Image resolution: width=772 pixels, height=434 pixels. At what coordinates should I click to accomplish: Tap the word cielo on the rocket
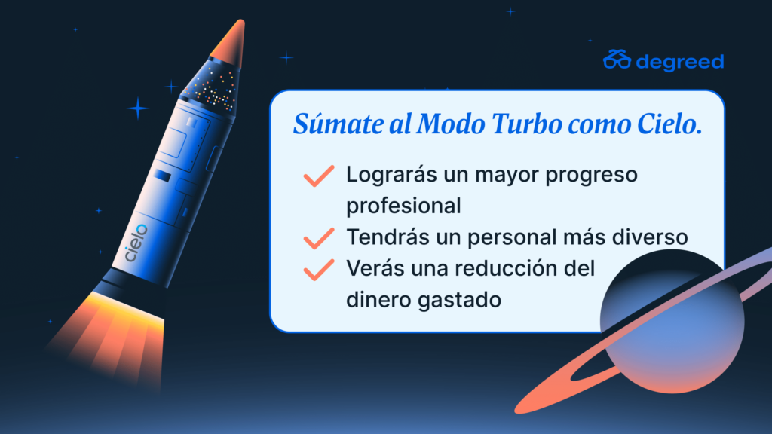[136, 243]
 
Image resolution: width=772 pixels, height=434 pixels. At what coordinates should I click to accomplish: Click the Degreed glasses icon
[617, 60]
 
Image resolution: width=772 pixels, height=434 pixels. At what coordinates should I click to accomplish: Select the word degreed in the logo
[680, 63]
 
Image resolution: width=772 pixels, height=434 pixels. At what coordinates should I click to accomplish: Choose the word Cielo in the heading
[669, 124]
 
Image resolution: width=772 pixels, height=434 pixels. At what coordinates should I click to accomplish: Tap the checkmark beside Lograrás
[319, 176]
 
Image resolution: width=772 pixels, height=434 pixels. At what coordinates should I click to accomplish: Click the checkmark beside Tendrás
[319, 238]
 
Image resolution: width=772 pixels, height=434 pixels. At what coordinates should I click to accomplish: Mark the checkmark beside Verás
[319, 270]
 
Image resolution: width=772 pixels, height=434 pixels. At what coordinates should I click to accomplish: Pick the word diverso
[650, 237]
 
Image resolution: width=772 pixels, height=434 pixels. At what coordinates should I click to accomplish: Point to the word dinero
[378, 300]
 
